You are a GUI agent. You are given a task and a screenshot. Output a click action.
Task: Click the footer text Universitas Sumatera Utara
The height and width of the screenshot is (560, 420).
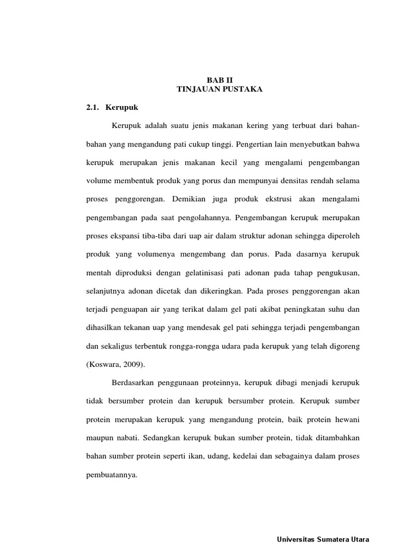323,539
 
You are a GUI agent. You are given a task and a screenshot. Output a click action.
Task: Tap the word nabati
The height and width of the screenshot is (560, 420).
125,437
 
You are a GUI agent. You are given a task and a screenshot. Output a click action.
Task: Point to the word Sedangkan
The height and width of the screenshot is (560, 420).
162,437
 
